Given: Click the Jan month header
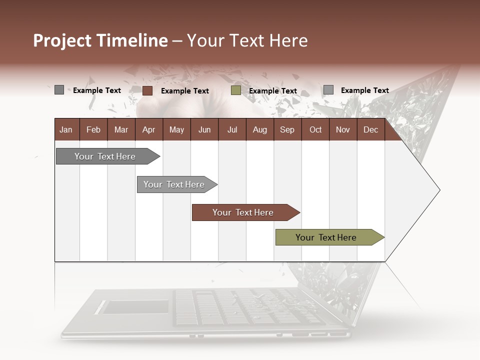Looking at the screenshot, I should click(x=66, y=129).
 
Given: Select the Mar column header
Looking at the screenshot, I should click(x=121, y=129).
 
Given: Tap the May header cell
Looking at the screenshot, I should click(x=176, y=129).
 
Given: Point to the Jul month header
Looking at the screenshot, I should click(x=232, y=129).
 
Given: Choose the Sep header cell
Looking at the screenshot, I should click(x=287, y=129).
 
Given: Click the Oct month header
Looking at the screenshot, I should click(x=315, y=129).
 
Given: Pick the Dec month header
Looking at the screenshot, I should click(x=370, y=129).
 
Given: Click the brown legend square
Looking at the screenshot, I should click(x=147, y=90).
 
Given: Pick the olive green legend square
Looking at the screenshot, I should click(x=236, y=90).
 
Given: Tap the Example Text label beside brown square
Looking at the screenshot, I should click(x=184, y=91).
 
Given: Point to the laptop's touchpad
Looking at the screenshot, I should click(x=135, y=306).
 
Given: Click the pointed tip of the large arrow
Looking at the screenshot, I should click(x=438, y=190).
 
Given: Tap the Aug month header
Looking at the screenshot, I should click(x=259, y=129).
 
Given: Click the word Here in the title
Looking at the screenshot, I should click(x=288, y=40).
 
